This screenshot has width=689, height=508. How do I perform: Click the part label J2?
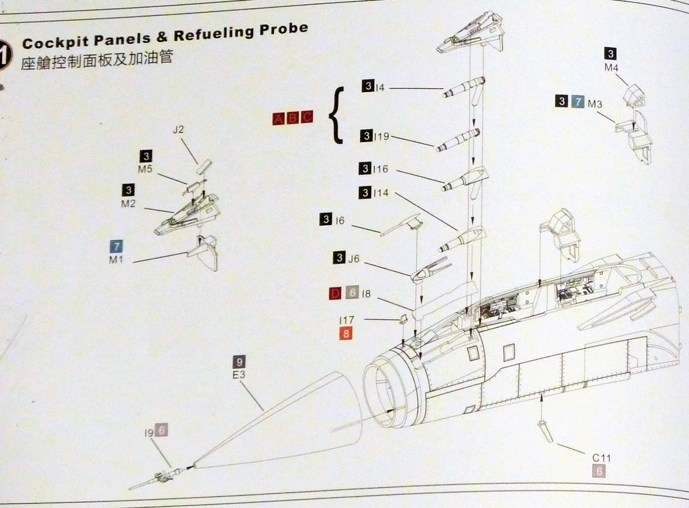(178, 129)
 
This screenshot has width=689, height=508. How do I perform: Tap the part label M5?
(145, 169)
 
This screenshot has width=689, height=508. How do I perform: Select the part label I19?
(381, 137)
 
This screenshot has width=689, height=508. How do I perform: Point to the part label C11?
(601, 458)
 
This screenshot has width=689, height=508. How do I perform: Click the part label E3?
(239, 374)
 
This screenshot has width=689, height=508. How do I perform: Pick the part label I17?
(346, 320)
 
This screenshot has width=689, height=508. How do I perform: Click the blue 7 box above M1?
(116, 246)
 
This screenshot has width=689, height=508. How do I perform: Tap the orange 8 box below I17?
(346, 333)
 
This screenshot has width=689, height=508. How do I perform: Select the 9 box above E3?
(239, 362)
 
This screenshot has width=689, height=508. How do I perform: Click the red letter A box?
(279, 118)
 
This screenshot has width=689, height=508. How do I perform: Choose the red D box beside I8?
(335, 294)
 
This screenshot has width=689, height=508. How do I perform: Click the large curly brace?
(336, 115)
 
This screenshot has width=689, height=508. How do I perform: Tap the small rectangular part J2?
(204, 166)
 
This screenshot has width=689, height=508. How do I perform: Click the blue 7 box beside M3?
(577, 102)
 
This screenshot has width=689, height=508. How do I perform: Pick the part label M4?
(611, 68)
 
